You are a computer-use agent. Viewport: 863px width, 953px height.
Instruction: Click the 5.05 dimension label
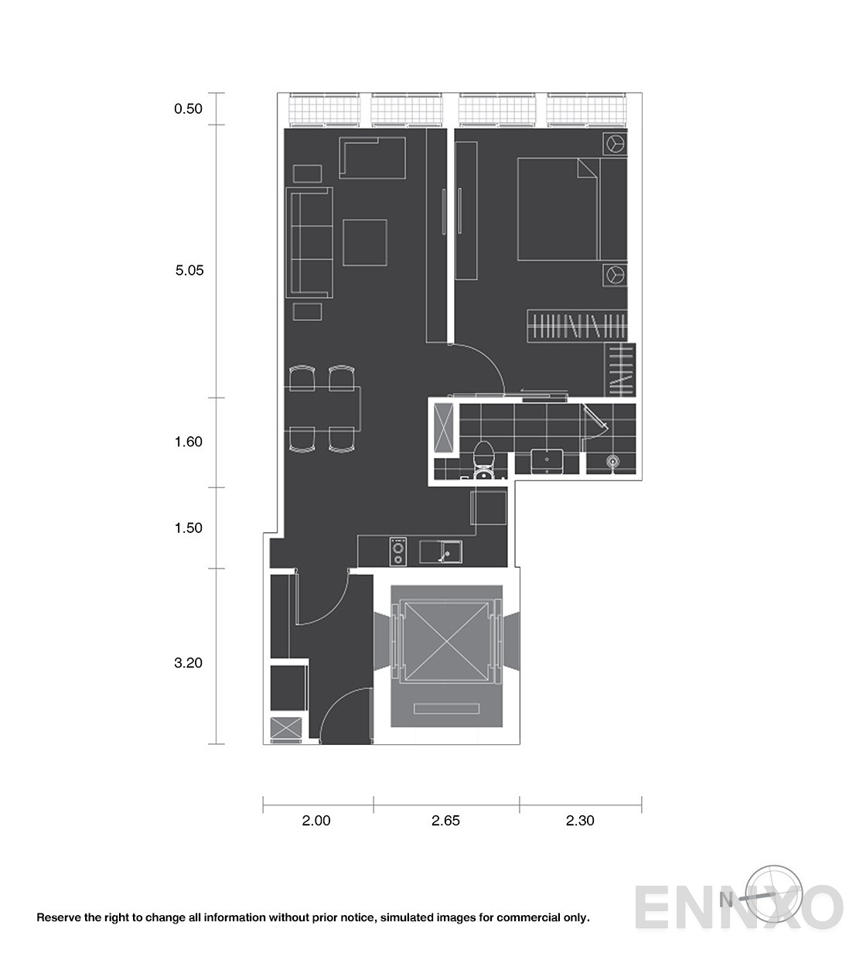pyautogui.click(x=189, y=270)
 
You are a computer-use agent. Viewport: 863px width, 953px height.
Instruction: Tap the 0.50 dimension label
pyautogui.click(x=188, y=109)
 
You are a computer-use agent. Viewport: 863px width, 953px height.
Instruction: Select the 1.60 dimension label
pyautogui.click(x=189, y=442)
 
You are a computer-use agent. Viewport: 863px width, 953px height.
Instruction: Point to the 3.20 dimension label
pyautogui.click(x=188, y=663)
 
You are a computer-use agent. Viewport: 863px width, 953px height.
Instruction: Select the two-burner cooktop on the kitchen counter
pyautogui.click(x=398, y=552)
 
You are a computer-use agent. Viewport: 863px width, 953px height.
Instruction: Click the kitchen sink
pyautogui.click(x=441, y=552)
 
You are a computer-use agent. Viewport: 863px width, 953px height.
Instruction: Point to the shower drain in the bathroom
pyautogui.click(x=613, y=461)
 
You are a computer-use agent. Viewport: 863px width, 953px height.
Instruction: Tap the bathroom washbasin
pyautogui.click(x=547, y=461)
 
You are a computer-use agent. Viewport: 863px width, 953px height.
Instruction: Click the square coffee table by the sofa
pyautogui.click(x=365, y=243)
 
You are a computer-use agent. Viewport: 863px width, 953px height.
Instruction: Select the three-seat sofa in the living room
pyautogui.click(x=309, y=243)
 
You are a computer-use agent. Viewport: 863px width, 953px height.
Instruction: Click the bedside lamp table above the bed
pyautogui.click(x=615, y=144)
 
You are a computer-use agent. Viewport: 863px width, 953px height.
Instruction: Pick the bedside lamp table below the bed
pyautogui.click(x=615, y=275)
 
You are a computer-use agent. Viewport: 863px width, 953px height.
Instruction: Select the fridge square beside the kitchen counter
pyautogui.click(x=488, y=508)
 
